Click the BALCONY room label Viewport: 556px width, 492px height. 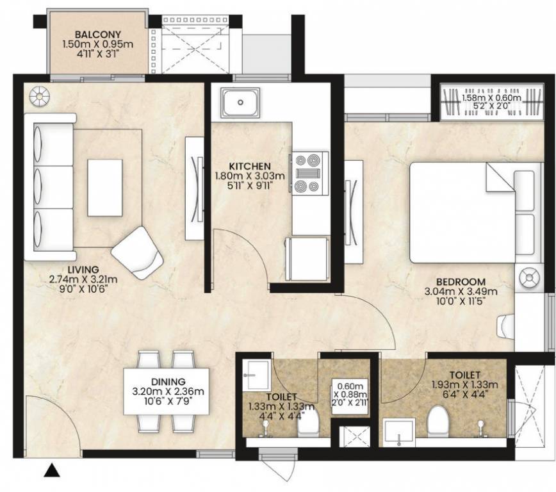(x=97, y=35)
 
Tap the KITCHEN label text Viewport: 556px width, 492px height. (x=250, y=166)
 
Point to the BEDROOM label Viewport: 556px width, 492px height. (x=461, y=282)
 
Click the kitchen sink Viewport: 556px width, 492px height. (x=240, y=102)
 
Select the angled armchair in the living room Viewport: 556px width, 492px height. (x=137, y=253)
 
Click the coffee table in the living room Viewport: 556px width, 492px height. (x=105, y=188)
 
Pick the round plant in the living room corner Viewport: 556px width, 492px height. (x=39, y=96)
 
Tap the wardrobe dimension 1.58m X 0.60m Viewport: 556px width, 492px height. (x=491, y=97)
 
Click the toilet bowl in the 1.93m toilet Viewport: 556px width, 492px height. (x=438, y=422)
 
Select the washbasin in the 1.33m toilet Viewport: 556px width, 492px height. (x=256, y=375)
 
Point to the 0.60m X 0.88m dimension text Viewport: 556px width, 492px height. (x=350, y=394)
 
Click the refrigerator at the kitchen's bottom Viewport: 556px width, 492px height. (x=307, y=259)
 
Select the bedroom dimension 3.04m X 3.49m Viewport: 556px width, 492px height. (x=461, y=291)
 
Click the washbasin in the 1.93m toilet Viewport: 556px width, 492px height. (x=400, y=432)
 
